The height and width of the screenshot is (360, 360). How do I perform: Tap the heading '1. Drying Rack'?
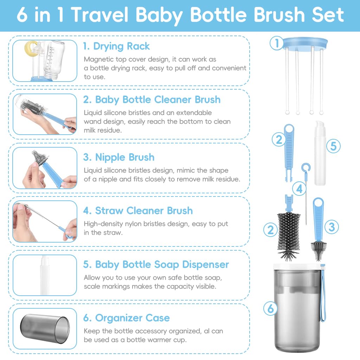click(116, 46)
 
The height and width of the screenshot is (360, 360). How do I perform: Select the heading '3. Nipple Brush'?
click(119, 157)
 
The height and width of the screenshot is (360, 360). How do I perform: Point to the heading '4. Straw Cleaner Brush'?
click(138, 211)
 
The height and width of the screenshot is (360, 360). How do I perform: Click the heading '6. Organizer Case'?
click(127, 318)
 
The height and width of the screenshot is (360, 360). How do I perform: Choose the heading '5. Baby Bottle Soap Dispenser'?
click(156, 264)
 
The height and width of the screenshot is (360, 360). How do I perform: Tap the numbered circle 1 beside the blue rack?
click(277, 44)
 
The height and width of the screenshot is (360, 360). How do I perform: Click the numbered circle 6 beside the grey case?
click(270, 309)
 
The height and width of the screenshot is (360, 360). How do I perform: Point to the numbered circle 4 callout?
click(299, 189)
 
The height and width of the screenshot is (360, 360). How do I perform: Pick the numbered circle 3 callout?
click(332, 227)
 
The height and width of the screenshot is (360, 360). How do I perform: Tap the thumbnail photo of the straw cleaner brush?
click(45, 221)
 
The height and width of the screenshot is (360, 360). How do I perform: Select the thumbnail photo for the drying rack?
click(45, 61)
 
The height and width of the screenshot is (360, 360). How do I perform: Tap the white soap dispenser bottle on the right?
click(320, 151)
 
